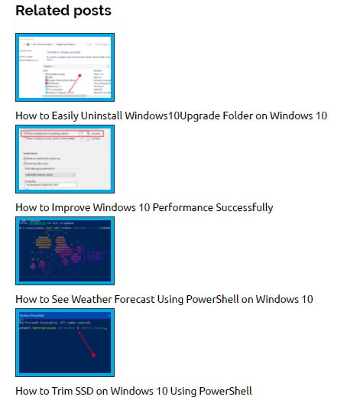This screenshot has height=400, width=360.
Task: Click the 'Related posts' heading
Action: pos(63,11)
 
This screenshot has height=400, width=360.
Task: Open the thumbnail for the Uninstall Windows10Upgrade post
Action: pos(65,67)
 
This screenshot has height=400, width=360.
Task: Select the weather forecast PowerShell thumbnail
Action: pos(65,251)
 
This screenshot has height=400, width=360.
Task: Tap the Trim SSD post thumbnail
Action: pos(65,343)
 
